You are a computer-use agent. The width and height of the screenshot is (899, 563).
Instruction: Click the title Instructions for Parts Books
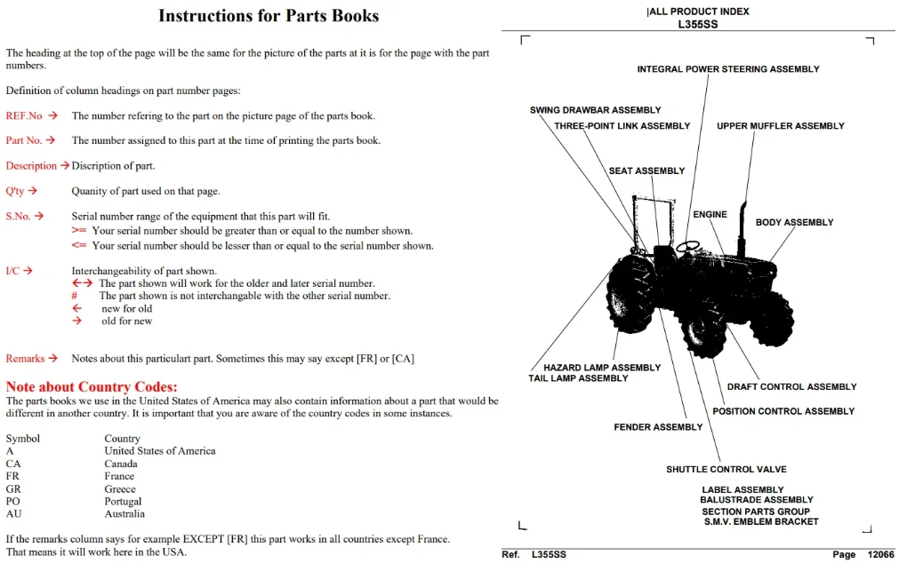click(269, 15)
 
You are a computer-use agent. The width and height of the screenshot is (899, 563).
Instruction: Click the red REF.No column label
click(24, 115)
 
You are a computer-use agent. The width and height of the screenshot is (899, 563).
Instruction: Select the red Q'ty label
click(15, 191)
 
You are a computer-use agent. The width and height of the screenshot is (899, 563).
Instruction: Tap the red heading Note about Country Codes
click(92, 386)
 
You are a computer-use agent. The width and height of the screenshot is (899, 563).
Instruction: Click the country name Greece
click(120, 489)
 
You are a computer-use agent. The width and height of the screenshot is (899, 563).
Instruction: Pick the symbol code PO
click(12, 501)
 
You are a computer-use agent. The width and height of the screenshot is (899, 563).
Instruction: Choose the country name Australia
click(124, 514)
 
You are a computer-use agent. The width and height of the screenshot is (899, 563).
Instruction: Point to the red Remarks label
click(25, 359)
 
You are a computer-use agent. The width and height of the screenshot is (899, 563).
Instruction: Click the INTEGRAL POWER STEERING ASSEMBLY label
click(728, 69)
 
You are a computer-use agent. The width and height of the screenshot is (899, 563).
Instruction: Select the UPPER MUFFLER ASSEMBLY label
click(781, 126)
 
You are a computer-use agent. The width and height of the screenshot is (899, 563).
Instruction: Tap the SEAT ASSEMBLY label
click(646, 170)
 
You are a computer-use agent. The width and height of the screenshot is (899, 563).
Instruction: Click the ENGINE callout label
click(710, 214)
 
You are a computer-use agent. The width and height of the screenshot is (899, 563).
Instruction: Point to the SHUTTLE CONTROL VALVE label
click(726, 469)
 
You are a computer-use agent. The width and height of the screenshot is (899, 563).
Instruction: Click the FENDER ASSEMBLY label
click(658, 427)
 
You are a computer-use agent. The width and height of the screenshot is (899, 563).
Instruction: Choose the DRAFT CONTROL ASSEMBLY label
click(791, 386)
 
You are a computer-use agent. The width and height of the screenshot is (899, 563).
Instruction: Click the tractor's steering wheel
click(688, 247)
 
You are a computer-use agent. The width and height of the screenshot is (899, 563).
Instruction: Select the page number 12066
click(880, 554)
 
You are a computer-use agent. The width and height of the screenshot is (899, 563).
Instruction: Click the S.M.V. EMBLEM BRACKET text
click(761, 522)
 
